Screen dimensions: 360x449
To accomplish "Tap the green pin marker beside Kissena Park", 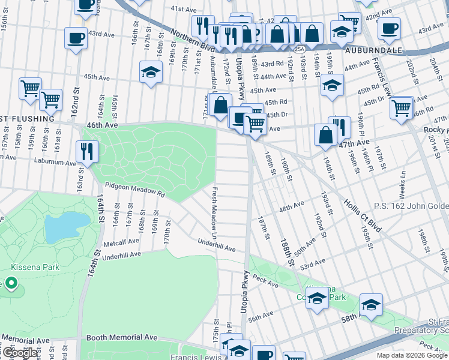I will coord(10,283).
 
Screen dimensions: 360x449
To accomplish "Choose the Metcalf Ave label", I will coord(120,244).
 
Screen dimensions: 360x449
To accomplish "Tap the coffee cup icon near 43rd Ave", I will coord(76,38).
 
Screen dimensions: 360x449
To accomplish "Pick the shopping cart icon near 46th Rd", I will coord(401,109).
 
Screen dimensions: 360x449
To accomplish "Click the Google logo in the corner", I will coord(20,353).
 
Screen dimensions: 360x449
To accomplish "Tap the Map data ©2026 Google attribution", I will coord(412,355).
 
